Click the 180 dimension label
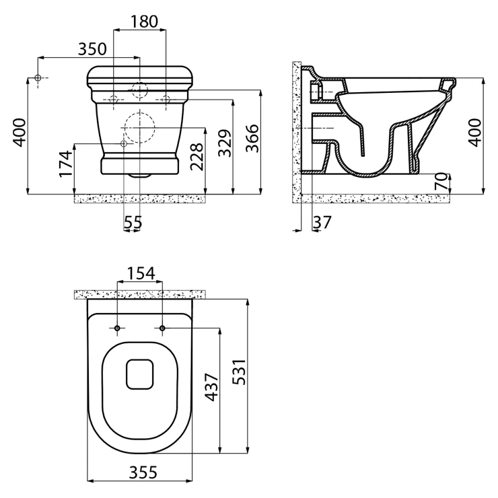pos(144,22)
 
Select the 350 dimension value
pos(92,49)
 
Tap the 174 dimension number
pos(65,164)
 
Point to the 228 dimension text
pos(197,157)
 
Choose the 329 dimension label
pos(225,143)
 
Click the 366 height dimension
pos(252,139)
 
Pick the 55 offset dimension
pos(133,222)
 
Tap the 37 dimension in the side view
pos(322,222)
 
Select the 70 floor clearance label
pos(441,181)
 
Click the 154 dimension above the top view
pos(141,273)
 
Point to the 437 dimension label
pos(211,387)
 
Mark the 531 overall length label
pos(239,372)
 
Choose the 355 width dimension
pos(143,472)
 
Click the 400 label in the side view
pos(475,133)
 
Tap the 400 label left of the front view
pos(19,133)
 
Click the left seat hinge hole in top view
pos(117,328)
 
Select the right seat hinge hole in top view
pos(162,328)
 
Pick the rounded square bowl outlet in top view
pos(140,374)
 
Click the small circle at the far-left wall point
pos(38,77)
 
